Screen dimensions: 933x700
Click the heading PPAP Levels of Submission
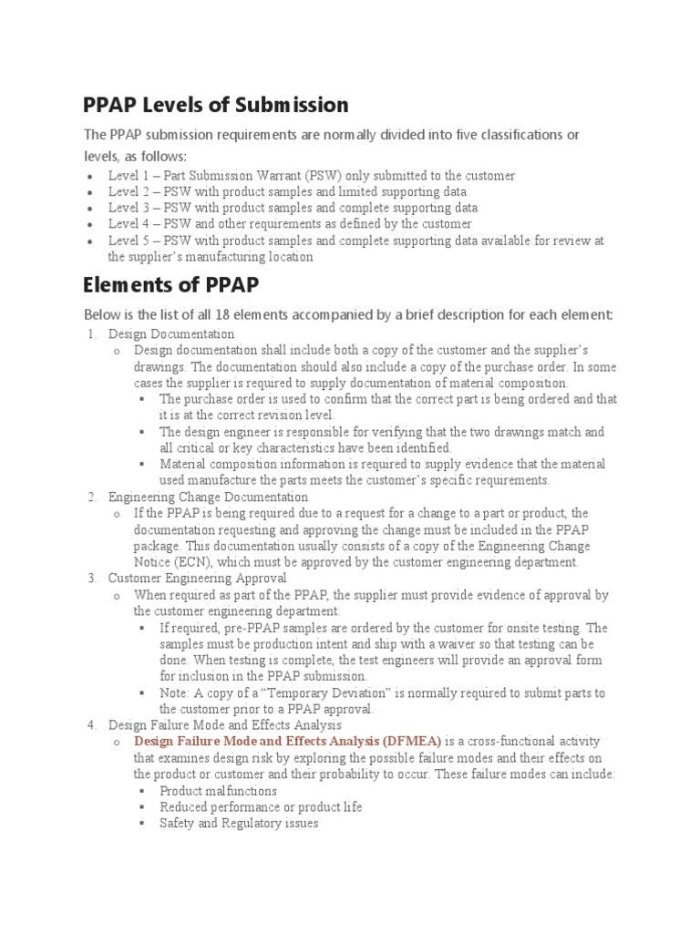pyautogui.click(x=215, y=105)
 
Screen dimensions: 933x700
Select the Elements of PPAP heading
pyautogui.click(x=170, y=285)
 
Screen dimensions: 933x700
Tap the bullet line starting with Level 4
pyautogui.click(x=290, y=224)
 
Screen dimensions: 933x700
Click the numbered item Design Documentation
pyautogui.click(x=170, y=334)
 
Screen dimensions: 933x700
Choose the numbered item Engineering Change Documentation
pyautogui.click(x=208, y=497)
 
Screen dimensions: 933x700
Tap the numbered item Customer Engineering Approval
pyautogui.click(x=197, y=579)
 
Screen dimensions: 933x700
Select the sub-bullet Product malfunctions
pyautogui.click(x=218, y=791)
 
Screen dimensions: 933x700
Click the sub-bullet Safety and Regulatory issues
pyautogui.click(x=239, y=824)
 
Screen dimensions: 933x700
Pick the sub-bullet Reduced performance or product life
pyautogui.click(x=260, y=807)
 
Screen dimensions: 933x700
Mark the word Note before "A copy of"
pyautogui.click(x=174, y=693)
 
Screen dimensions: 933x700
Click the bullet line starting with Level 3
pyautogui.click(x=293, y=208)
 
